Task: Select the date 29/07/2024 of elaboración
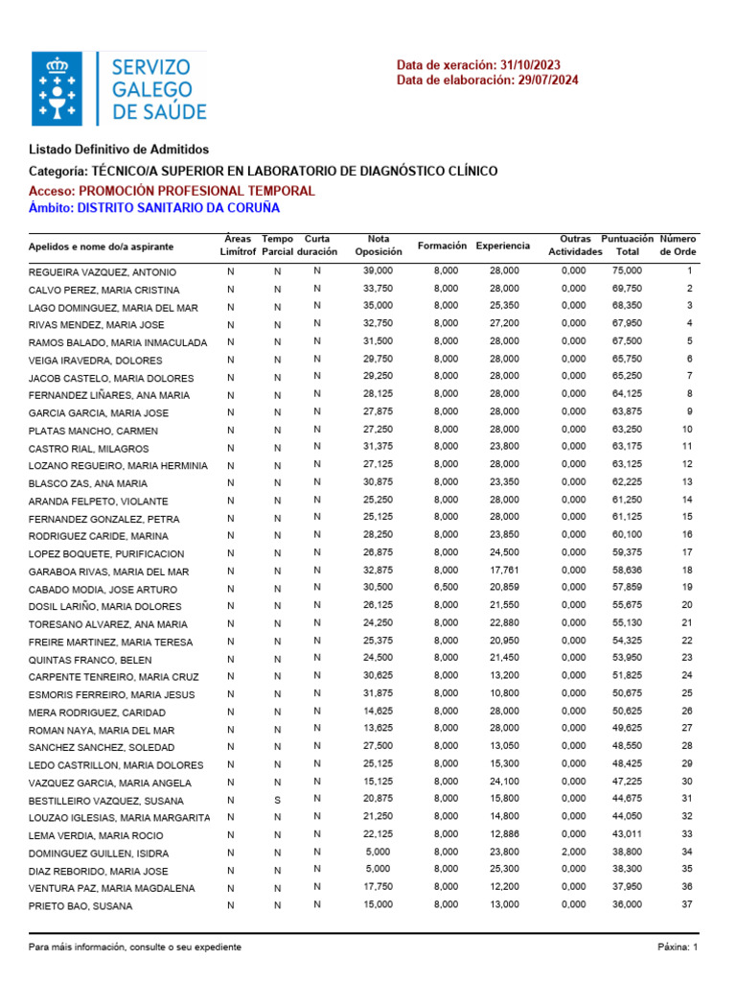(547, 80)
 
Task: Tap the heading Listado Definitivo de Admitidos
(119, 150)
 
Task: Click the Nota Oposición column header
(379, 245)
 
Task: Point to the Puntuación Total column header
(627, 245)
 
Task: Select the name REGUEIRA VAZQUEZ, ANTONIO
(103, 272)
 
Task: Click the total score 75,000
(627, 271)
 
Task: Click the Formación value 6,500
(446, 587)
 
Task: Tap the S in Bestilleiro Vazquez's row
(278, 799)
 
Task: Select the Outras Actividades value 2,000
(573, 852)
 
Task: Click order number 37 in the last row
(686, 904)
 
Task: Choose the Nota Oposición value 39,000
(378, 271)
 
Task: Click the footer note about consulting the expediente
(135, 947)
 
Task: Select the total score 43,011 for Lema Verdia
(627, 834)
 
